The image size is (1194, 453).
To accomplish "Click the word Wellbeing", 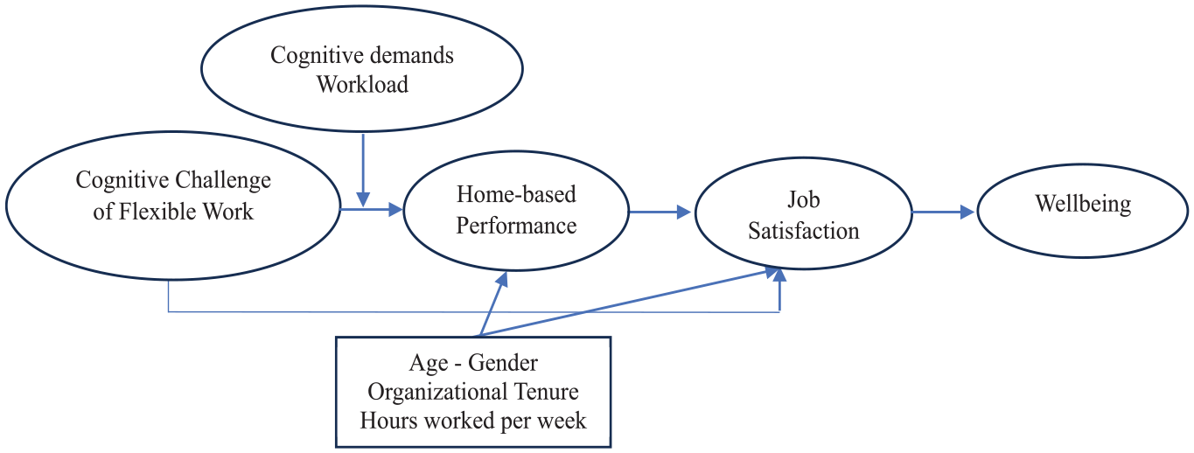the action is click(x=1083, y=205).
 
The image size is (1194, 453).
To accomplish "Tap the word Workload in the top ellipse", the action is click(x=362, y=85).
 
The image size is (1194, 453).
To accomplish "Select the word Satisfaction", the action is click(x=803, y=231).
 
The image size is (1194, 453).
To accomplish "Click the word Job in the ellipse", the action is click(x=803, y=200).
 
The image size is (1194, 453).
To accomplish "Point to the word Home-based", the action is click(x=516, y=194).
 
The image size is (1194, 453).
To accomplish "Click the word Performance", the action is click(x=516, y=226).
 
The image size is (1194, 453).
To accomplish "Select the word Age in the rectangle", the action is click(x=429, y=364).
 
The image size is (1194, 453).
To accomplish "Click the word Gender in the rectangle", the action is click(x=503, y=364).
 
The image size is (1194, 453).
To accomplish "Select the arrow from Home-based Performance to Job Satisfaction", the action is click(x=660, y=213).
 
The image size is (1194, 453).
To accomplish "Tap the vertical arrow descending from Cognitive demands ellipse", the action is click(x=363, y=170).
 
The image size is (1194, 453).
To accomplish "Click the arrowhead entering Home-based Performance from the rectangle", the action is click(x=501, y=279).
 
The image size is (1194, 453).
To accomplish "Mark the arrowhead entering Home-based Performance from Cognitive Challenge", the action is click(x=396, y=209).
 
